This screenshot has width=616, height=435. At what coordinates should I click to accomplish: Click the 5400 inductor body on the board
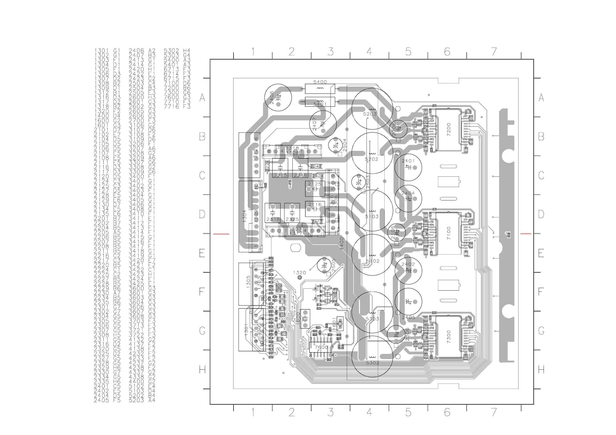click(320, 89)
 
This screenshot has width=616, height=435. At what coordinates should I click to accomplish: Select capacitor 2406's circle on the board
click(278, 98)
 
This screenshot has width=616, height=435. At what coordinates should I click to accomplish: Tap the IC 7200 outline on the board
click(448, 130)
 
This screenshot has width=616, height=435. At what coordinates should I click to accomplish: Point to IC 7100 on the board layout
click(448, 234)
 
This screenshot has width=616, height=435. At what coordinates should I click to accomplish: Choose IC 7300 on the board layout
click(448, 337)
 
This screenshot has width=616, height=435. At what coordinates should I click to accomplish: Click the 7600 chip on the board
click(321, 347)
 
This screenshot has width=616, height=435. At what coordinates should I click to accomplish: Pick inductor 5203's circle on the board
click(372, 108)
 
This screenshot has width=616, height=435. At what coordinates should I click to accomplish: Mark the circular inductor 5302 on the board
click(372, 356)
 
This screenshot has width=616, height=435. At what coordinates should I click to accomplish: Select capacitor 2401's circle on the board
click(408, 167)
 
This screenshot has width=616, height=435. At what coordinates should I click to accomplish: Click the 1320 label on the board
click(299, 273)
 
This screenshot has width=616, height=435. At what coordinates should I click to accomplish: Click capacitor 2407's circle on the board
click(323, 124)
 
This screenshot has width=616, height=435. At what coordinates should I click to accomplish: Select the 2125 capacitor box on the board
click(315, 189)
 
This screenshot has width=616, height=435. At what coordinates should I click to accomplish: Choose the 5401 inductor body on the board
click(320, 102)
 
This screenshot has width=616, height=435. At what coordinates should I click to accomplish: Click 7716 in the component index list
click(171, 107)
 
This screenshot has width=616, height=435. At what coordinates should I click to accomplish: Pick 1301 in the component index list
click(102, 51)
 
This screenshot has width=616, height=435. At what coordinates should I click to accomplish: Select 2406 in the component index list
click(136, 51)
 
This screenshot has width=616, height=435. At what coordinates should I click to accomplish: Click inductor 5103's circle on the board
click(372, 211)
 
